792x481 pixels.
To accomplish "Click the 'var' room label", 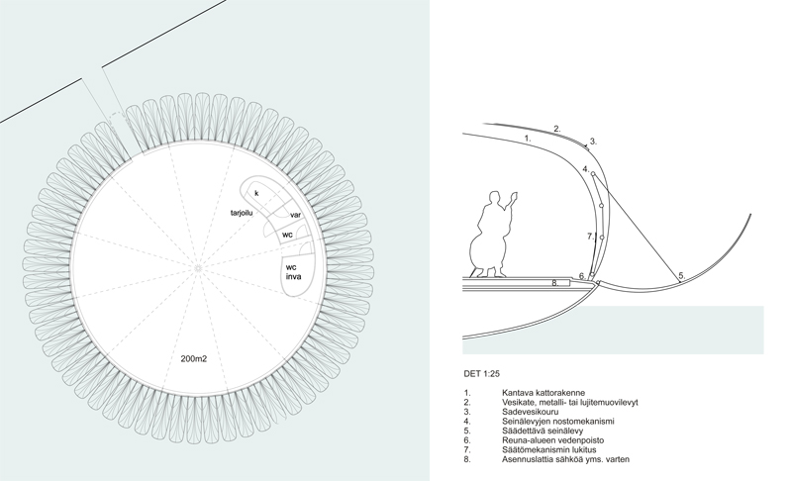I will (x=295, y=214).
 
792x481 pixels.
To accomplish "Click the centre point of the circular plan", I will (x=197, y=267).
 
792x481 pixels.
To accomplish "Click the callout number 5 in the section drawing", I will (x=680, y=274).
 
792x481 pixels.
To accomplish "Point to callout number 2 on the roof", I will (x=557, y=129).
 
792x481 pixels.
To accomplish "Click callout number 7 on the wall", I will (x=589, y=237).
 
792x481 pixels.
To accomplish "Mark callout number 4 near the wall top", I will (x=585, y=170).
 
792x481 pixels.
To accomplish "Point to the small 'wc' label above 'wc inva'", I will (x=286, y=236).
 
